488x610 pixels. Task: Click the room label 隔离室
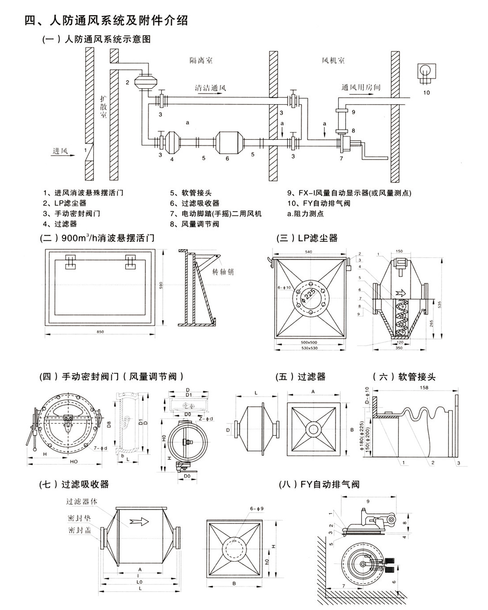point(201,61)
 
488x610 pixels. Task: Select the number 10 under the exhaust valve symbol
point(426,92)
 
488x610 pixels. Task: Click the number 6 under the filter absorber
point(227,159)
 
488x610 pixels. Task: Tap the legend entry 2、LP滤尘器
point(65,203)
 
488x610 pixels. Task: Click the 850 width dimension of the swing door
point(100,332)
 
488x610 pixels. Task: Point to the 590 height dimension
point(161,285)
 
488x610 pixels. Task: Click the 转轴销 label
point(223,272)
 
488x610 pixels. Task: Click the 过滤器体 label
point(82,501)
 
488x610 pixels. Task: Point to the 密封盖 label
point(79,530)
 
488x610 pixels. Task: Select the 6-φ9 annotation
point(257,508)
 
